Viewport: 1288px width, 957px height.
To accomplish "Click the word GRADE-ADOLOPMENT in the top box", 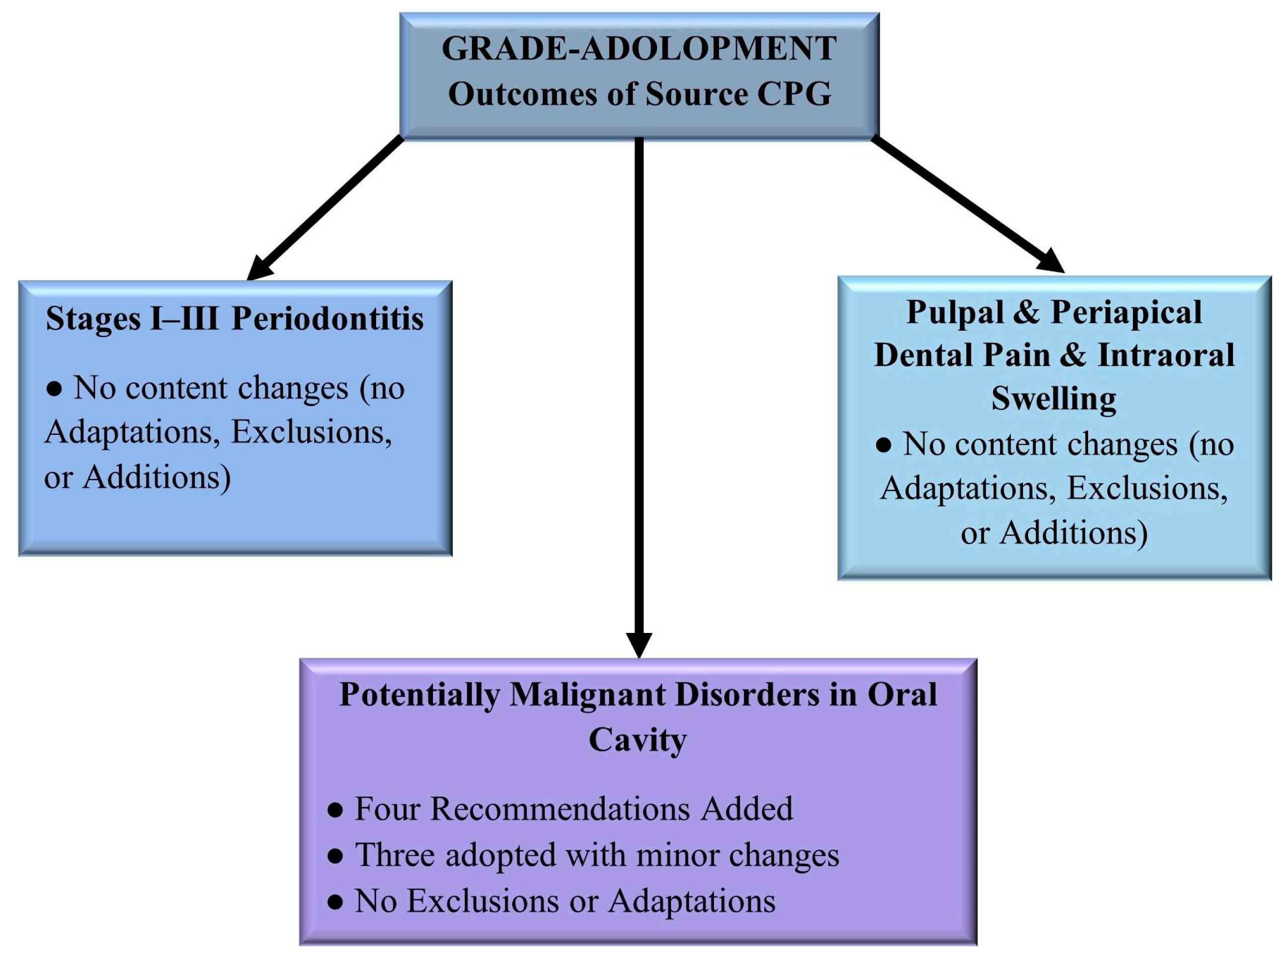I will (638, 49).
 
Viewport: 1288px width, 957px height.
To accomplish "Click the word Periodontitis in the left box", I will (328, 318).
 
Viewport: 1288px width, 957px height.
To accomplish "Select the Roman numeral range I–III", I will (185, 318).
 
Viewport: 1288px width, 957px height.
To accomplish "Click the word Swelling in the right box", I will (1053, 399).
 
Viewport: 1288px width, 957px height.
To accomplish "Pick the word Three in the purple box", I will (395, 855).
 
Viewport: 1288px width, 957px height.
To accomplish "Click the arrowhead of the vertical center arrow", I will (639, 645).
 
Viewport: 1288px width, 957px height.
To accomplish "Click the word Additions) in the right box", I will (1074, 533).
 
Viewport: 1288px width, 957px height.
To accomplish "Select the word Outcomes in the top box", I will (522, 94).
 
